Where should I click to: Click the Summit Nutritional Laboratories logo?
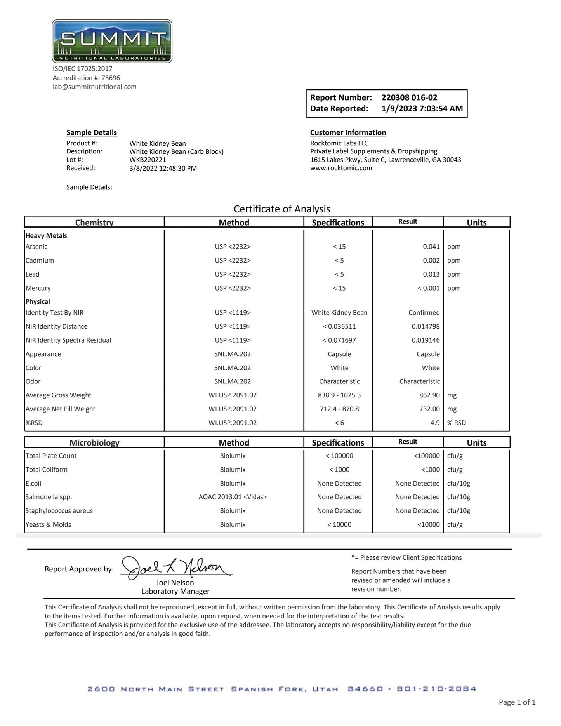click(x=112, y=41)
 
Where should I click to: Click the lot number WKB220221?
click(x=148, y=160)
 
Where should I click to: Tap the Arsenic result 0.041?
click(x=431, y=247)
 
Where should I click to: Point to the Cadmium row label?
click(x=40, y=260)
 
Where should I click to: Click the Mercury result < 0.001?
click(x=428, y=288)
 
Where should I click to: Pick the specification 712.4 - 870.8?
click(x=339, y=409)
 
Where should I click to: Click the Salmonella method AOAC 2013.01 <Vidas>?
click(x=233, y=497)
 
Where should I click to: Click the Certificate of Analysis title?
click(x=282, y=209)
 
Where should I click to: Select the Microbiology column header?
click(x=94, y=442)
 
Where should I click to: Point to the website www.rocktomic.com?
click(x=341, y=168)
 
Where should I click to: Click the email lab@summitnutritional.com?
click(x=94, y=87)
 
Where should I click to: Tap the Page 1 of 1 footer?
click(x=517, y=702)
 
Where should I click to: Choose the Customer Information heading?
click(x=348, y=132)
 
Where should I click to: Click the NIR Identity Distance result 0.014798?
click(x=426, y=326)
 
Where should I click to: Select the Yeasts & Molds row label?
click(x=48, y=524)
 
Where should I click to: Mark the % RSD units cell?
click(x=456, y=423)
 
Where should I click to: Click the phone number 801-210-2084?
click(x=436, y=689)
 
